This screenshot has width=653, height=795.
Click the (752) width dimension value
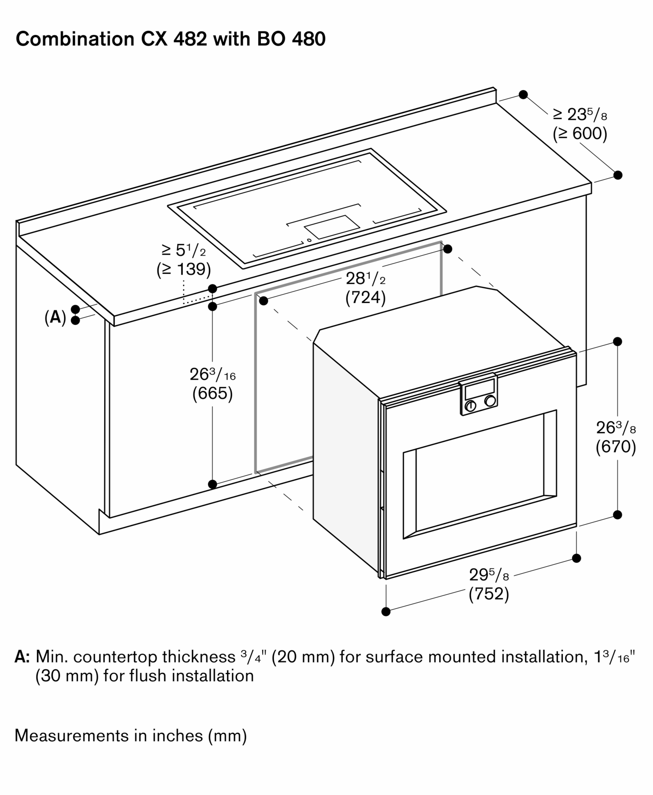(489, 594)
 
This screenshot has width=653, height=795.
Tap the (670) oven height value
(616, 447)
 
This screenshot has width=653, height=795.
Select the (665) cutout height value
(212, 394)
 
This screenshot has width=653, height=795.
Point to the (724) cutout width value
(365, 298)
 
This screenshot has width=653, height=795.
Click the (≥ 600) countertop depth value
(580, 134)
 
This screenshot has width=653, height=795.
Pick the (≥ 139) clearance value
(184, 270)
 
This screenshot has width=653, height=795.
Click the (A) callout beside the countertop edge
(55, 318)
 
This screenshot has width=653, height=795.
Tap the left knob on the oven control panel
(471, 406)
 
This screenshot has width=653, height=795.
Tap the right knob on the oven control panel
(490, 401)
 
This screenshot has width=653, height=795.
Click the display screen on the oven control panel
(480, 387)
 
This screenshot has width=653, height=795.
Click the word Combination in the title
(75, 39)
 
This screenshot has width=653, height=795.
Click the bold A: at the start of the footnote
(22, 657)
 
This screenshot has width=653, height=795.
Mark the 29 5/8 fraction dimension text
(489, 575)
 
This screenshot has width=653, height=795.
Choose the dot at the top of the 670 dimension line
(617, 341)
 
